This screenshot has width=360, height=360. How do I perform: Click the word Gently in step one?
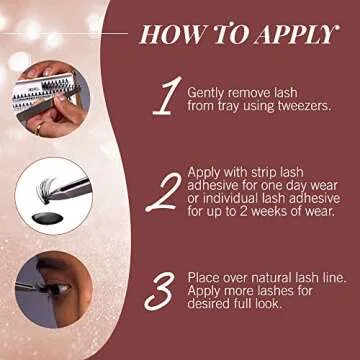click(x=210, y=92)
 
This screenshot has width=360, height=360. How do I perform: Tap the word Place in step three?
click(x=207, y=277)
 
